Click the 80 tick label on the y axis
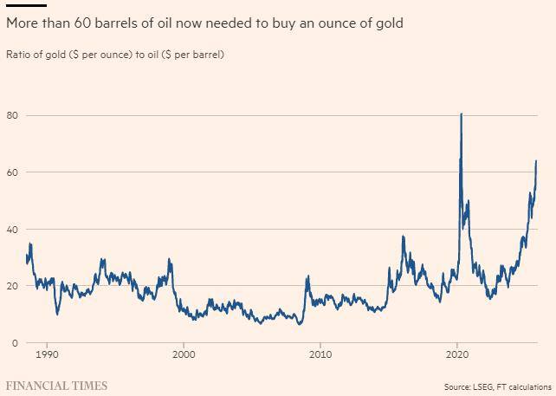click(x=11, y=115)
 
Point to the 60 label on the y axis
click(x=11, y=172)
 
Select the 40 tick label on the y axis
click(x=11, y=230)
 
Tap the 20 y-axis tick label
click(x=11, y=286)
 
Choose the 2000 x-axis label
click(x=184, y=355)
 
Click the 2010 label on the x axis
click(x=320, y=355)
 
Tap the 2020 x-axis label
click(x=457, y=355)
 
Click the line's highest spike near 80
click(x=461, y=114)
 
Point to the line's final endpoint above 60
click(x=536, y=160)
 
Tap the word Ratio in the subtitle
click(x=19, y=55)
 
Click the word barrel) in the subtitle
click(x=209, y=55)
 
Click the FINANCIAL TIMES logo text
click(x=56, y=386)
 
